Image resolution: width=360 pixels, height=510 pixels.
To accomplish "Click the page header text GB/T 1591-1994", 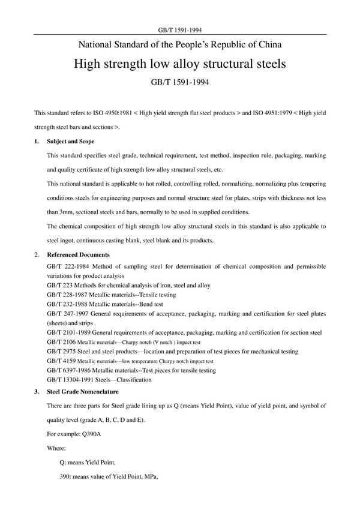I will point(180,29).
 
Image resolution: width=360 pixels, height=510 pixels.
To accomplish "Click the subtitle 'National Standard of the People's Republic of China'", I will point(180,44).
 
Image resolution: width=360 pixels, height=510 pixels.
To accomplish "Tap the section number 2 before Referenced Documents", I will point(36,255).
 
